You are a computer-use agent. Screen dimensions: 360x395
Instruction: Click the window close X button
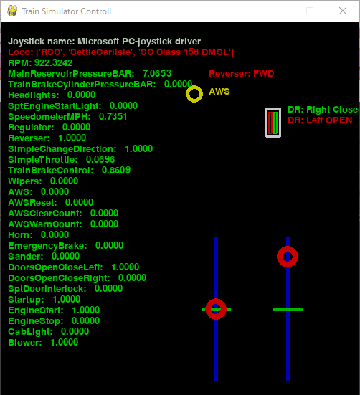pyautogui.click(x=343, y=11)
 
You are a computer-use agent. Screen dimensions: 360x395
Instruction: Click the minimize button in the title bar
pyautogui.click(x=278, y=11)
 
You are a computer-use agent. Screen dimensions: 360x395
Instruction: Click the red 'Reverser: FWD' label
pyautogui.click(x=242, y=74)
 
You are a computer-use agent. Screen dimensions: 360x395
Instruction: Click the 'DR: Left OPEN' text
pyautogui.click(x=320, y=120)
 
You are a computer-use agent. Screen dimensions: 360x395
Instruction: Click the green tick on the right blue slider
pyautogui.click(x=288, y=310)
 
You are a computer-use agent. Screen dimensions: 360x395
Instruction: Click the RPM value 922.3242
pyautogui.click(x=53, y=62)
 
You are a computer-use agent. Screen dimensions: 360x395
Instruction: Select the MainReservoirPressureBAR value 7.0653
pyautogui.click(x=157, y=74)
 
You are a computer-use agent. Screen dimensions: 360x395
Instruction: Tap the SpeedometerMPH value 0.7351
pyautogui.click(x=113, y=117)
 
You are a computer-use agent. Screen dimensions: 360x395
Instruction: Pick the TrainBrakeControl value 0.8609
pyautogui.click(x=116, y=171)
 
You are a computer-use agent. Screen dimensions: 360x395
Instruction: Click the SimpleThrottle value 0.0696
pyautogui.click(x=100, y=160)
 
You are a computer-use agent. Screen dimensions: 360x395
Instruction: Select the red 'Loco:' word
pyautogui.click(x=21, y=52)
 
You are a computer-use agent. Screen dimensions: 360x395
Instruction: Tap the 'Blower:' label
pyautogui.click(x=25, y=343)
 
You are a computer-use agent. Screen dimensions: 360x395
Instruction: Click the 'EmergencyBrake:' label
pyautogui.click(x=47, y=246)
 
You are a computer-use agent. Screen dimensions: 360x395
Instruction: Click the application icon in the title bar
pyautogui.click(x=12, y=11)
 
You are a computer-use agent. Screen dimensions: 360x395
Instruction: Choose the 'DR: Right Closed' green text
pyautogui.click(x=323, y=110)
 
